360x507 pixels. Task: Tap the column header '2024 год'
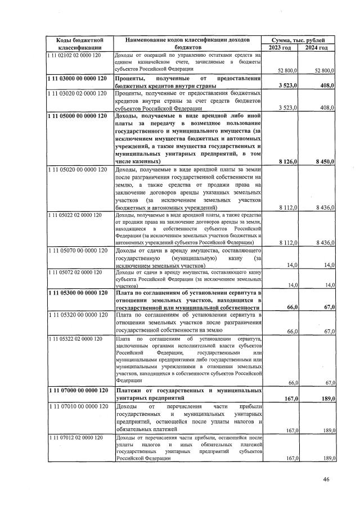pos(316,48)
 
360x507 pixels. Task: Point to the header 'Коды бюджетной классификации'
pos(79,44)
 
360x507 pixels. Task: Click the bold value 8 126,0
pos(287,161)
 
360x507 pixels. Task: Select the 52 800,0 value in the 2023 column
pos(287,70)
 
